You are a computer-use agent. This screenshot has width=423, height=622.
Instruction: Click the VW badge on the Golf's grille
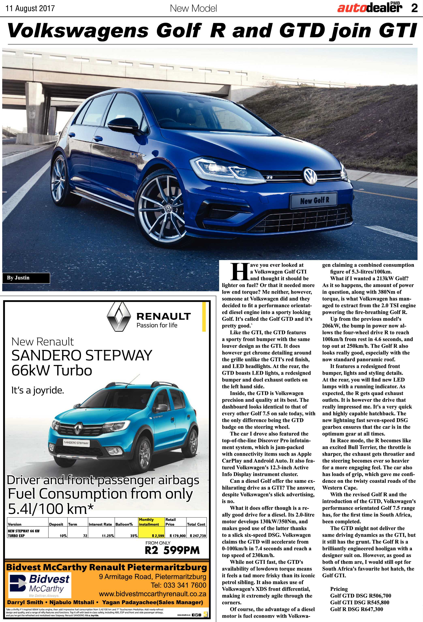tap(310, 176)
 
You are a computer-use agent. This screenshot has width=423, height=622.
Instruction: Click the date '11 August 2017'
tap(30, 8)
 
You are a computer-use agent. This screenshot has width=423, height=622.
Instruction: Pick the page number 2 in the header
tap(414, 8)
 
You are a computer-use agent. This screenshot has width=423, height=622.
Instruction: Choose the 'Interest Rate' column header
tap(100, 524)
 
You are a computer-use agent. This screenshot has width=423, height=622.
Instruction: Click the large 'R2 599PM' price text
tap(172, 550)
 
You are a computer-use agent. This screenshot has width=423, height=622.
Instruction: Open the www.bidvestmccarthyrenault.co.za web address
tap(152, 594)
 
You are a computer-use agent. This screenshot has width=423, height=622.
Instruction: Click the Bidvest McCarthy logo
tap(40, 585)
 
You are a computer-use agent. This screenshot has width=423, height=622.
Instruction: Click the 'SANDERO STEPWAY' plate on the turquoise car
tap(76, 443)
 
